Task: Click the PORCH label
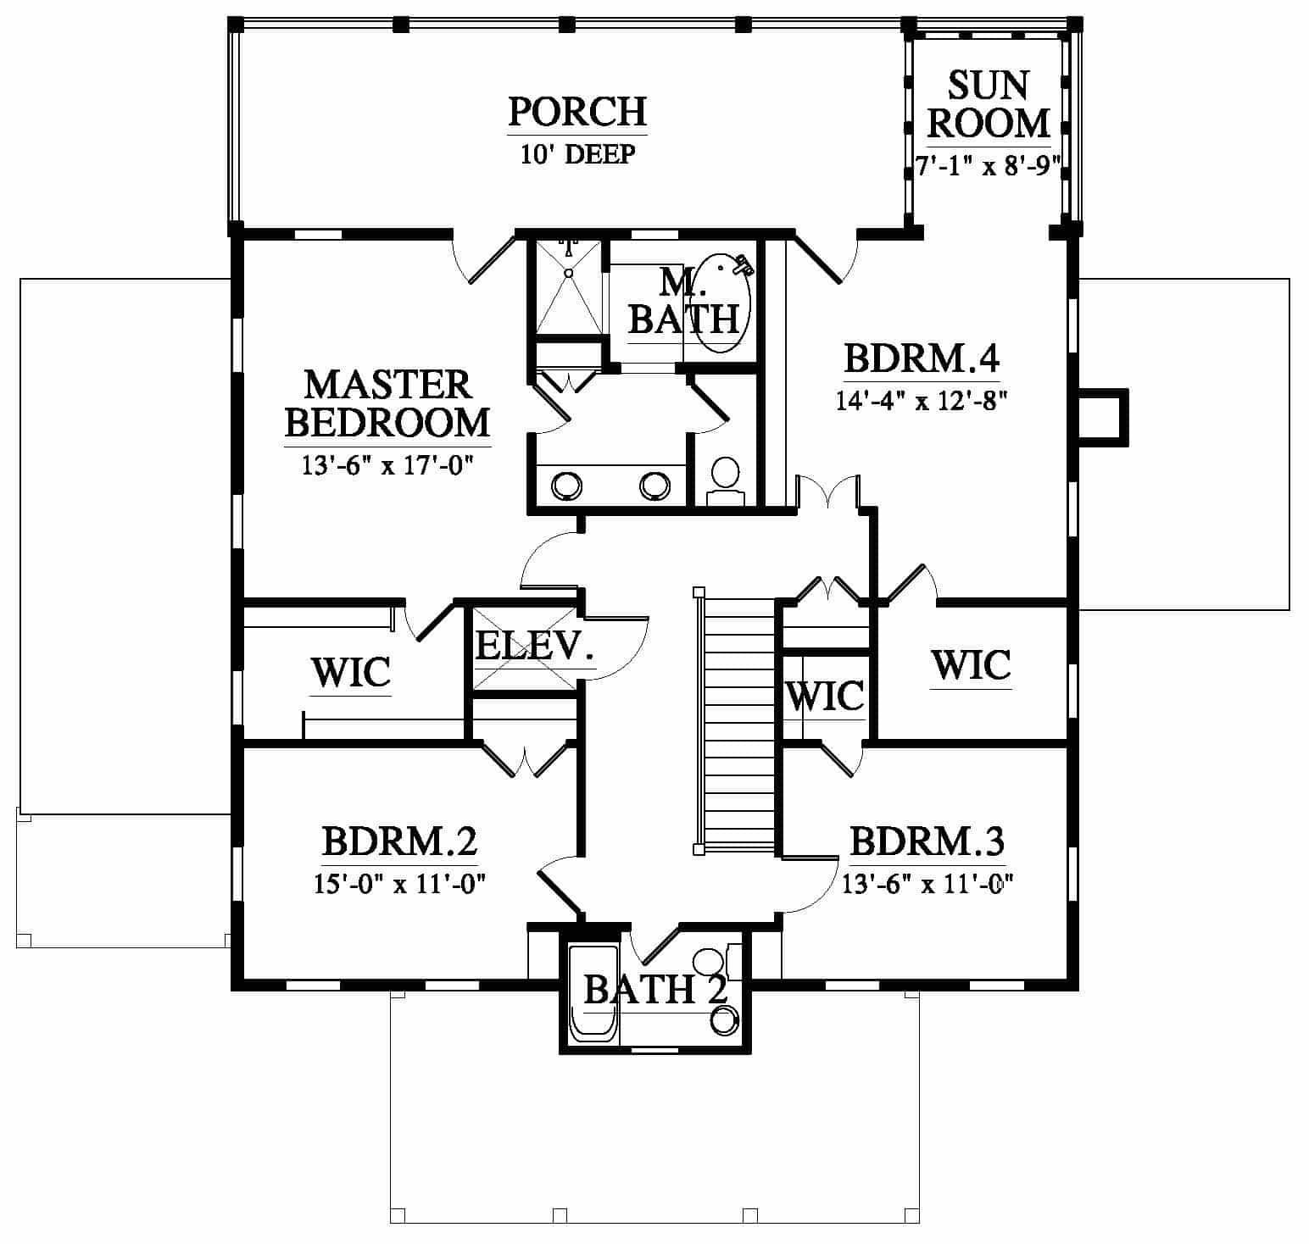pyautogui.click(x=577, y=111)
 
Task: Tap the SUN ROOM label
pyautogui.click(x=988, y=104)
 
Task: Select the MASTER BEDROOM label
pyautogui.click(x=387, y=403)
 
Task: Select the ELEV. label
pyautogui.click(x=534, y=646)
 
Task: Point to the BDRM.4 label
pyautogui.click(x=922, y=358)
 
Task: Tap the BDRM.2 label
pyautogui.click(x=399, y=842)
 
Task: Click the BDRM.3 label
pyautogui.click(x=927, y=842)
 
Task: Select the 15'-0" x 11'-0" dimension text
pyautogui.click(x=398, y=884)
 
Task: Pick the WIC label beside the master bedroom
pyautogui.click(x=351, y=673)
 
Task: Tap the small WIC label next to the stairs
pyautogui.click(x=825, y=696)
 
